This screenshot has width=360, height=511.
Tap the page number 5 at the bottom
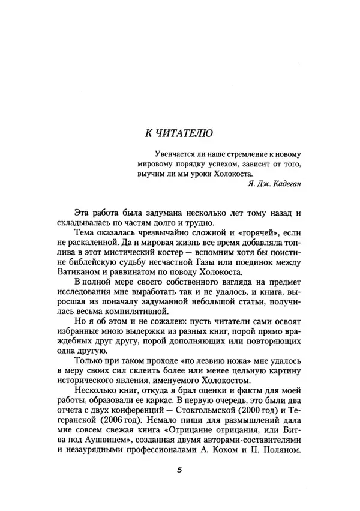[179, 471]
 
